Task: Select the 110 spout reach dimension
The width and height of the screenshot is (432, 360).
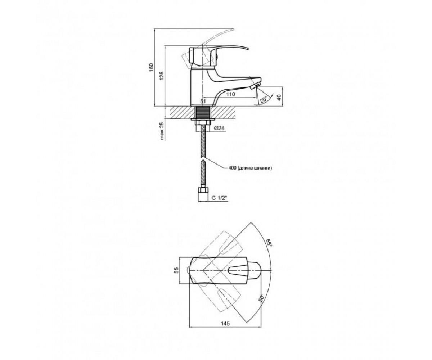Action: (230, 94)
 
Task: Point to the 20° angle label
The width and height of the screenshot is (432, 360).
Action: (264, 100)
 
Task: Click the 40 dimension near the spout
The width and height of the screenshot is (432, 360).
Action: (279, 98)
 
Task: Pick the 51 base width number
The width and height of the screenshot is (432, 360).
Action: (203, 102)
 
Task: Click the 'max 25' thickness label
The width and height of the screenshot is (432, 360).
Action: (162, 131)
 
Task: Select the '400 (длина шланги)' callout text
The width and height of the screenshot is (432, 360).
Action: (250, 168)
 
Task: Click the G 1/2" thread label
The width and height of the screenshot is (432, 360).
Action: (219, 198)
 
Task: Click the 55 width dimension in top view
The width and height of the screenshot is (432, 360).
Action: (176, 270)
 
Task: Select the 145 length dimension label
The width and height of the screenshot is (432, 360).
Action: (225, 323)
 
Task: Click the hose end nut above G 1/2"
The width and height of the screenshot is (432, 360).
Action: (203, 190)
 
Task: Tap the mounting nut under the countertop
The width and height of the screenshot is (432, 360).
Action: (203, 122)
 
